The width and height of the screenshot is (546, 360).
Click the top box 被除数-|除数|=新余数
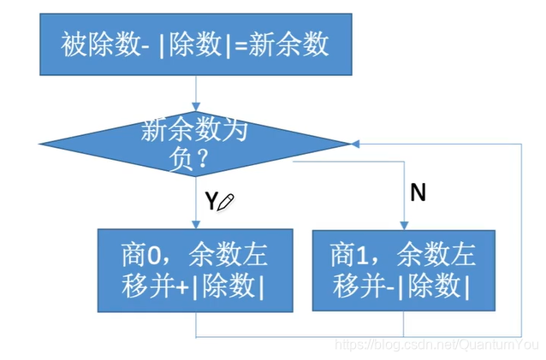coord(195,44)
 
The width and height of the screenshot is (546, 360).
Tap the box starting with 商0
coord(195,270)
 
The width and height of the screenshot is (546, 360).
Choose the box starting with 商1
coord(402,270)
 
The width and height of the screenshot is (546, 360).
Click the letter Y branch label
coord(211,201)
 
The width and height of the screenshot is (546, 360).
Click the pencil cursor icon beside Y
coord(226,202)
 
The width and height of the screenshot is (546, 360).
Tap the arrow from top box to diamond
coord(195,94)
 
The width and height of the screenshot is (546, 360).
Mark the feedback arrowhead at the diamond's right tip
coord(356,144)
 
